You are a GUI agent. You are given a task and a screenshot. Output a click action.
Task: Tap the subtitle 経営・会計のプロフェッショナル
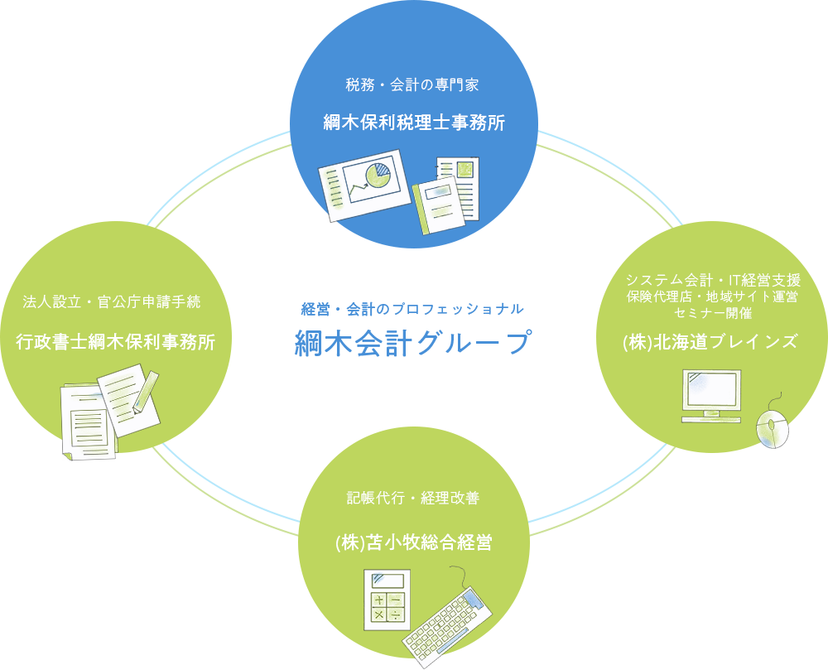coord(412,309)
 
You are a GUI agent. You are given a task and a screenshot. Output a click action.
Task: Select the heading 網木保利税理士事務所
coord(413,123)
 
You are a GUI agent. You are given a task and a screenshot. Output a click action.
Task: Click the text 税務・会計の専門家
coord(413,84)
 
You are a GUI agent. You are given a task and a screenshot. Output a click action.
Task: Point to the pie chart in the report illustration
coord(379,175)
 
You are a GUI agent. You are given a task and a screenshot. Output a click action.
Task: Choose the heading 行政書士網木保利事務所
coord(116,341)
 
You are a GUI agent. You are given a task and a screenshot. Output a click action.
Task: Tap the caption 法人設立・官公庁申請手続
coord(112,301)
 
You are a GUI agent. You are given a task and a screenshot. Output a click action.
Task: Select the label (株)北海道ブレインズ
coord(710,341)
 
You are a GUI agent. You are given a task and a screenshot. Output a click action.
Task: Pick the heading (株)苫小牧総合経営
coord(413,542)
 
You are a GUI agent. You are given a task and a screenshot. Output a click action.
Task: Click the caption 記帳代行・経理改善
coord(413,498)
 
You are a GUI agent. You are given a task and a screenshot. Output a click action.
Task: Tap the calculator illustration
coord(386,600)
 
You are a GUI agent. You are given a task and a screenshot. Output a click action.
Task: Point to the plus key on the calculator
coord(378,600)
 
